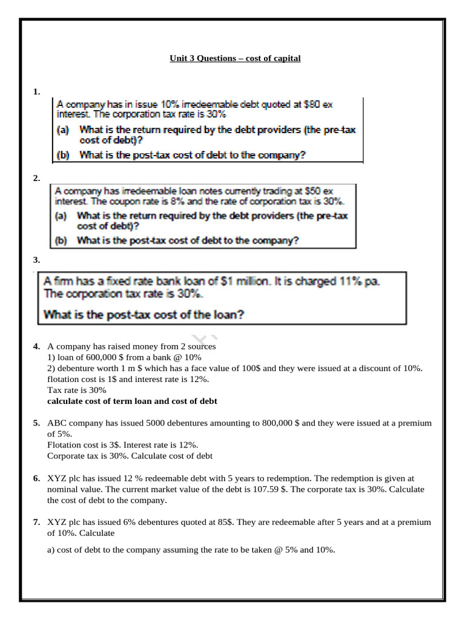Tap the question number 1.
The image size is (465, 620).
pos(36,91)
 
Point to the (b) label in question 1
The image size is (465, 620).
pos(64,154)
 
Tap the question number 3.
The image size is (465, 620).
pos(36,260)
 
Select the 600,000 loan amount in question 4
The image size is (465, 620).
pos(106,357)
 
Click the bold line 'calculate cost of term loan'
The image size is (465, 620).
pos(132,401)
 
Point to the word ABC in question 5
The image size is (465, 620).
pos(58,423)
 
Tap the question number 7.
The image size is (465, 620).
pos(36,522)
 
